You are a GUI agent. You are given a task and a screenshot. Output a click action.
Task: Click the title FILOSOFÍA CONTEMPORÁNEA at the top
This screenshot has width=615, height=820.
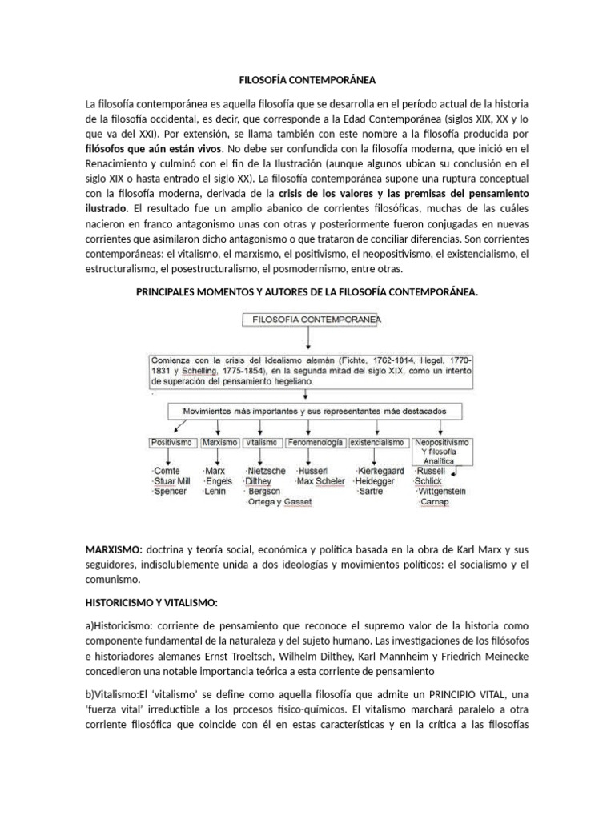[307, 80]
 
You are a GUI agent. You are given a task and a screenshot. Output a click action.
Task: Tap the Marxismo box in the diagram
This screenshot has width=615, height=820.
[219, 442]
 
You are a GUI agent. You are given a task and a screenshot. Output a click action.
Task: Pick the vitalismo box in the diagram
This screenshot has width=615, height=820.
[262, 442]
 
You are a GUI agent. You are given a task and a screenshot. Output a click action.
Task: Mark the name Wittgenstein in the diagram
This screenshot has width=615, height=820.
[448, 492]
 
